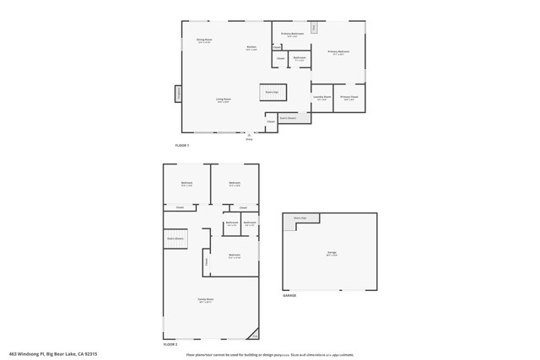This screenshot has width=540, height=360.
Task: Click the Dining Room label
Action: point(203,40)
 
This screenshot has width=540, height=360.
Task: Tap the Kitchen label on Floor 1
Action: point(251,48)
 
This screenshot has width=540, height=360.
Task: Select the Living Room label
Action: point(224,100)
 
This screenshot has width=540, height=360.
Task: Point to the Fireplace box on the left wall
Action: point(178,94)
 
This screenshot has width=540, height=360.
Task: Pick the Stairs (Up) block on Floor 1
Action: point(273,91)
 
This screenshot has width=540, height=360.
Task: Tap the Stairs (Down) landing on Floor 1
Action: point(288,118)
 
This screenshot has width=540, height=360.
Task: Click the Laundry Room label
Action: point(321,98)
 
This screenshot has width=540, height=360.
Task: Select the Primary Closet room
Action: point(349,98)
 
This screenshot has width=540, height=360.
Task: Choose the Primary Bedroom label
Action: point(339,52)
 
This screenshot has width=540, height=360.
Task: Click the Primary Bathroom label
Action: point(292,35)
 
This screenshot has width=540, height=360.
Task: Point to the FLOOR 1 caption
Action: point(182,146)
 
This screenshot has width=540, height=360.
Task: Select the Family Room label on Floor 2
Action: point(206,299)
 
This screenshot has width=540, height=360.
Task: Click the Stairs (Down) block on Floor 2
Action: point(175,239)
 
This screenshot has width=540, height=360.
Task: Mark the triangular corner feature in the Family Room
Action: point(254,332)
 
